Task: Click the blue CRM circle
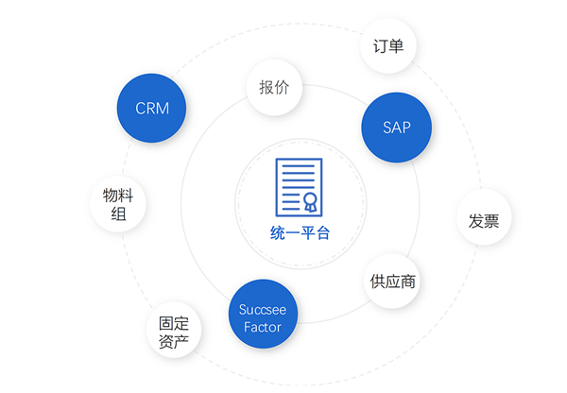152,108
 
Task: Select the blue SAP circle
397,128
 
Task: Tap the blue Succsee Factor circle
263,317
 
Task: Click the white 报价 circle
274,90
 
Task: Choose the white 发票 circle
484,219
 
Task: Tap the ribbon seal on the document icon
309,201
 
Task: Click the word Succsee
263,309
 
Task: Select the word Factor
263,327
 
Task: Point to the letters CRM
152,108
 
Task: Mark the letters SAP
397,128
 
